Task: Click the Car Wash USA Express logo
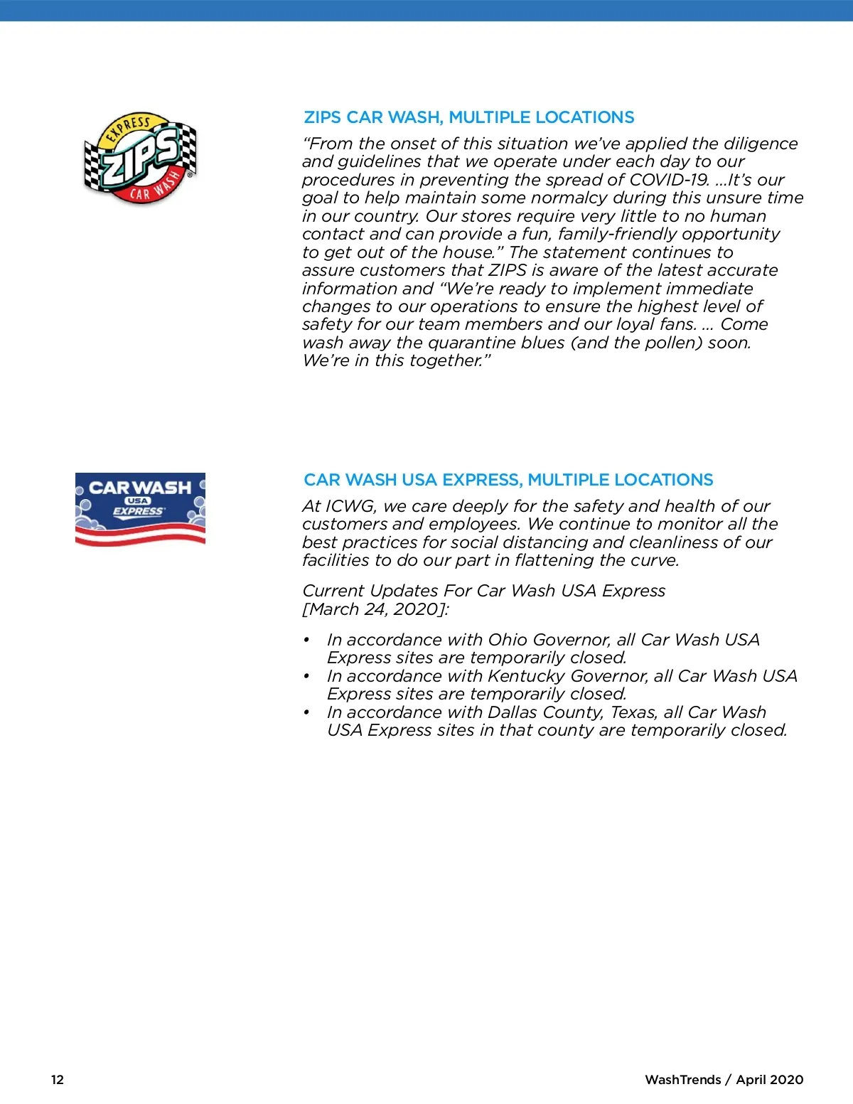click(140, 509)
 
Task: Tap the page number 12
click(58, 1079)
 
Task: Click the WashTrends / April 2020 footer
click(724, 1079)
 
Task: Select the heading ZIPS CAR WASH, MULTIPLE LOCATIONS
click(468, 117)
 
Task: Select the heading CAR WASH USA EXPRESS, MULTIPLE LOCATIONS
click(508, 480)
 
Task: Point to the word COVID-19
click(669, 180)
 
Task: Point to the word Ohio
click(508, 640)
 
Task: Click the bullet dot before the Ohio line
click(306, 640)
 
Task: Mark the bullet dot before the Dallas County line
click(306, 712)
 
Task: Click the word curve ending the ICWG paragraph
click(654, 560)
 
